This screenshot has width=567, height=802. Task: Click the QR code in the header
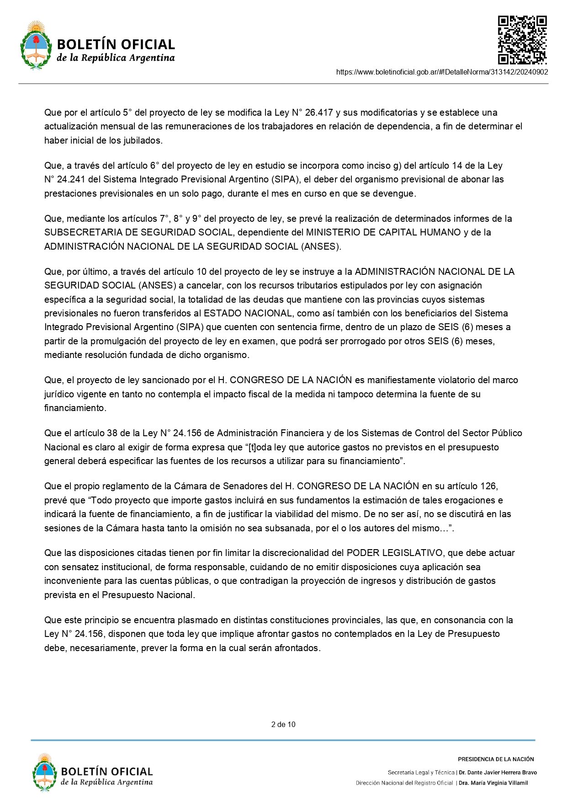pyautogui.click(x=522, y=40)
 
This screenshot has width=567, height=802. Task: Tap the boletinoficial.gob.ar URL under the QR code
pyautogui.click(x=442, y=72)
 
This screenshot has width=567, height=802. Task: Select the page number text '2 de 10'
pyautogui.click(x=283, y=724)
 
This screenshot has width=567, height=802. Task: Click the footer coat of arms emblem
pyautogui.click(x=44, y=772)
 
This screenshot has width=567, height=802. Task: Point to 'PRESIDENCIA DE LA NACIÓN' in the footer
pyautogui.click(x=496, y=759)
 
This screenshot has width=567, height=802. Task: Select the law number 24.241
pyautogui.click(x=71, y=179)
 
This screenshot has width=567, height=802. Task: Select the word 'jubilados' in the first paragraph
pyautogui.click(x=142, y=140)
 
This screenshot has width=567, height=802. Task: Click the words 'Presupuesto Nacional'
pyautogui.click(x=148, y=595)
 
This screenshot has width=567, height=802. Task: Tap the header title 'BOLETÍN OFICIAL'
pyautogui.click(x=116, y=44)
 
